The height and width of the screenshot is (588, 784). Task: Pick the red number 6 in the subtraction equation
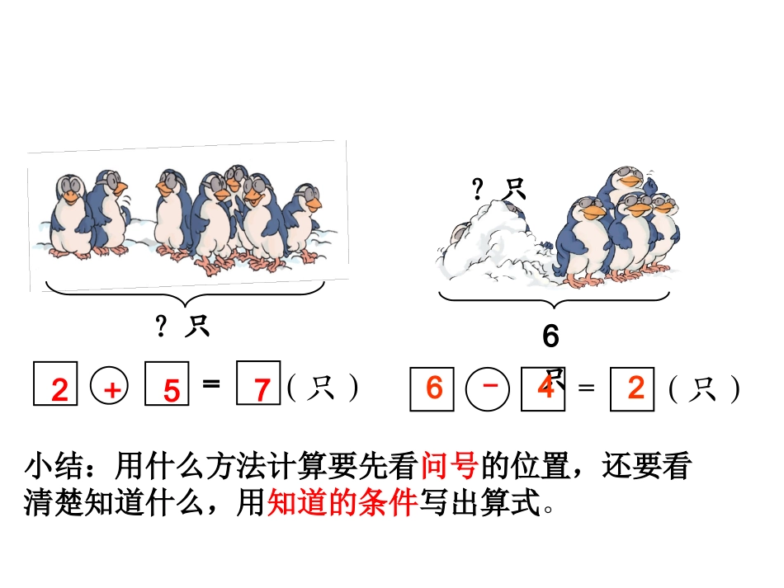[x=434, y=387]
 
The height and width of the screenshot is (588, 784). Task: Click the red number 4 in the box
[x=545, y=387]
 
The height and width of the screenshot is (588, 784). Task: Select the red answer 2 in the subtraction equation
[x=635, y=387]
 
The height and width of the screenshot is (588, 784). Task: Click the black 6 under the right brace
[x=550, y=336]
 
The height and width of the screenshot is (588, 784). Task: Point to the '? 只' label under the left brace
[x=182, y=327]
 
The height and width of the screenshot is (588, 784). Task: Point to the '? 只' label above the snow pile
[x=498, y=191]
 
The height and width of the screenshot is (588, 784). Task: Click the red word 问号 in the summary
[x=449, y=468]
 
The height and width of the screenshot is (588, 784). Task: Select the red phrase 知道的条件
[x=342, y=502]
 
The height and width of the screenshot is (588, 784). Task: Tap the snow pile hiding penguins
[x=492, y=243]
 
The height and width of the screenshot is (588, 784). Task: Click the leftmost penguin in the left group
[x=70, y=216]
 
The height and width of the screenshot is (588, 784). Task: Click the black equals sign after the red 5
[x=211, y=383]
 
